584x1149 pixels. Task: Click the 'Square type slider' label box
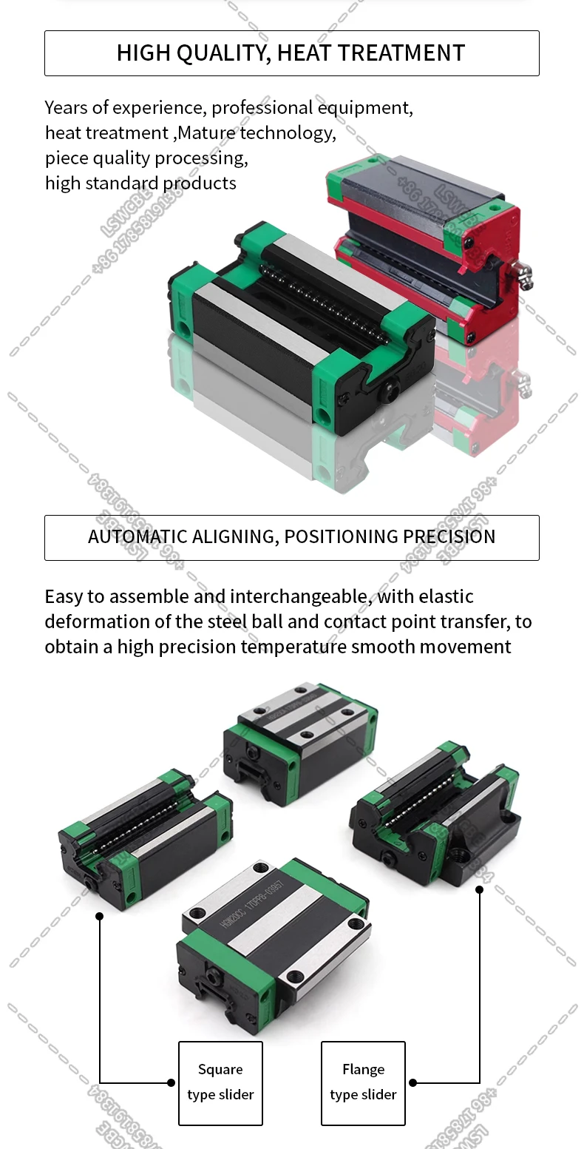coord(220,1083)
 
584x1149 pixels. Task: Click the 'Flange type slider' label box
coord(363,1083)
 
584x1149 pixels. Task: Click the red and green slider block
coord(425,237)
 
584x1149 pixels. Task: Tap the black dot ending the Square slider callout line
coord(99,916)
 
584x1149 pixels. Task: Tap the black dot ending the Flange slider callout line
coord(479,889)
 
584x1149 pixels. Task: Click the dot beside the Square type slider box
coord(171,1082)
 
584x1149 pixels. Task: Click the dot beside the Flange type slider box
coord(412,1082)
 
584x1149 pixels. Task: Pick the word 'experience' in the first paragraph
coord(157,108)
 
